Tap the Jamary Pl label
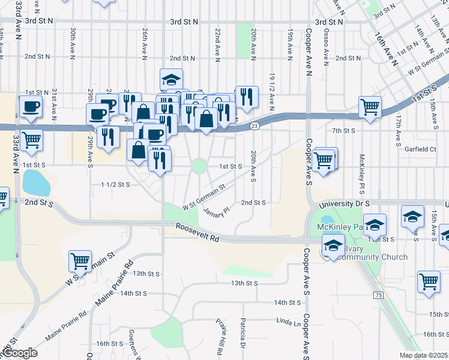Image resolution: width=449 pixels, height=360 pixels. [x=217, y=211]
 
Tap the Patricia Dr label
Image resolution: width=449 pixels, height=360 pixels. [x=244, y=334]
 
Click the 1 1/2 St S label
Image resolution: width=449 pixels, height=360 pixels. [x=116, y=184]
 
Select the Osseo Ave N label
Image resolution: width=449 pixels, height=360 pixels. [x=326, y=46]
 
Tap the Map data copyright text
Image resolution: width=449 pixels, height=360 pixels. [x=424, y=355]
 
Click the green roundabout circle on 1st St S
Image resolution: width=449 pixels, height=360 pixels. [x=199, y=166]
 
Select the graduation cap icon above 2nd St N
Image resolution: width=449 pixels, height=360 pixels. [x=171, y=79]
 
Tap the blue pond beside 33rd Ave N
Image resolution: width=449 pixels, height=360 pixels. [x=35, y=182]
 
